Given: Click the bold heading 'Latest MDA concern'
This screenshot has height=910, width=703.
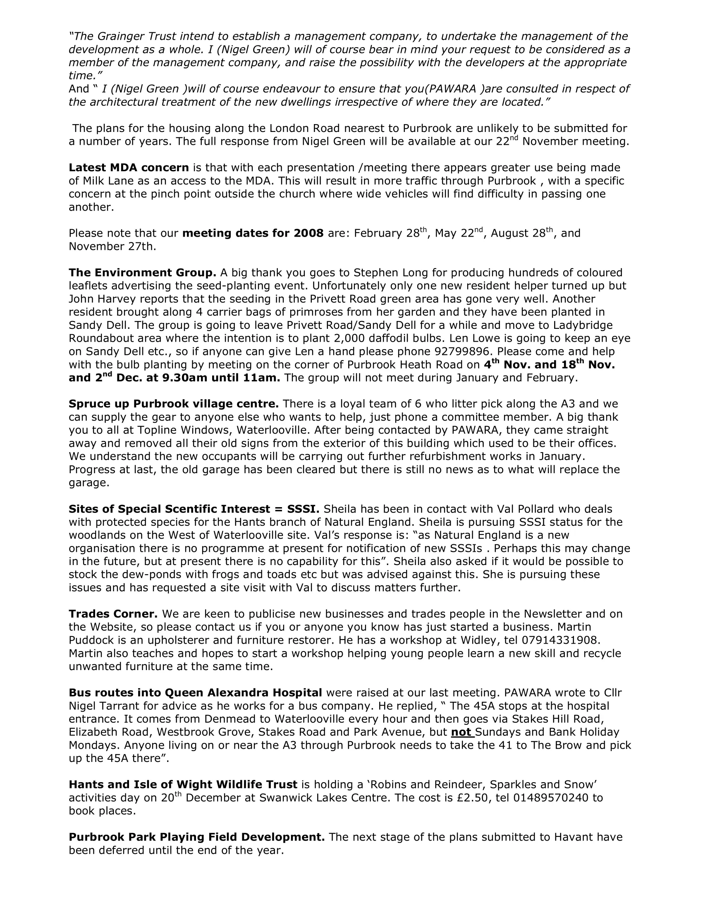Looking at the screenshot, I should [x=129, y=168].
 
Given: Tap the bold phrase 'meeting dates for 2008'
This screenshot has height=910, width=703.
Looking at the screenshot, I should [x=253, y=233].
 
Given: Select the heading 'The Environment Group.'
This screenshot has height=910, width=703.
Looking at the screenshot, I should [x=142, y=273].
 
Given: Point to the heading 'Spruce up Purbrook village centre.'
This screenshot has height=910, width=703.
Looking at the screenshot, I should [x=174, y=404].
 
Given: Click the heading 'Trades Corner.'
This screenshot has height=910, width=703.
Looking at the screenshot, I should [x=113, y=614].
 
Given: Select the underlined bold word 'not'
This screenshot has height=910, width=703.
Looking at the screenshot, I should [x=461, y=732].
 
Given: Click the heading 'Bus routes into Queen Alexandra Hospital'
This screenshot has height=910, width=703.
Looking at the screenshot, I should [x=195, y=692].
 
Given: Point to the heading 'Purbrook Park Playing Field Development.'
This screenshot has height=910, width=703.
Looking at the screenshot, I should [x=196, y=837].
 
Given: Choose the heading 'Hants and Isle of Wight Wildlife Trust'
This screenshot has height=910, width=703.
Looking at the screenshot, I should [x=183, y=785].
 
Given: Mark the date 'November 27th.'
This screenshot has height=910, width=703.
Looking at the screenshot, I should [x=112, y=246].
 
